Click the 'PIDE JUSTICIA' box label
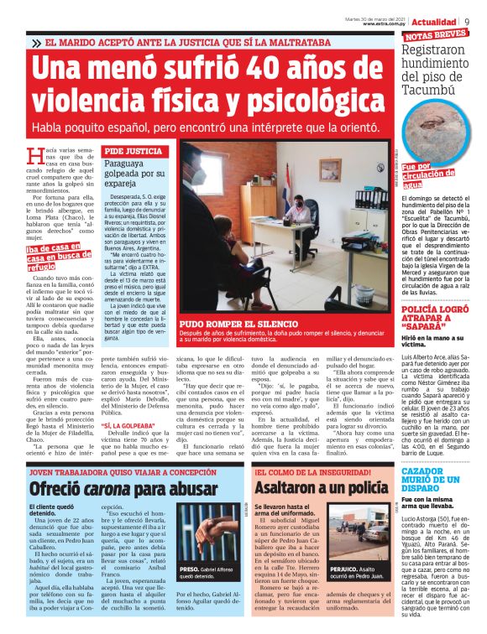133,151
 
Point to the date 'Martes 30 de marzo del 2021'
376,18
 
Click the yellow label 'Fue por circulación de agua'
427,176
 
